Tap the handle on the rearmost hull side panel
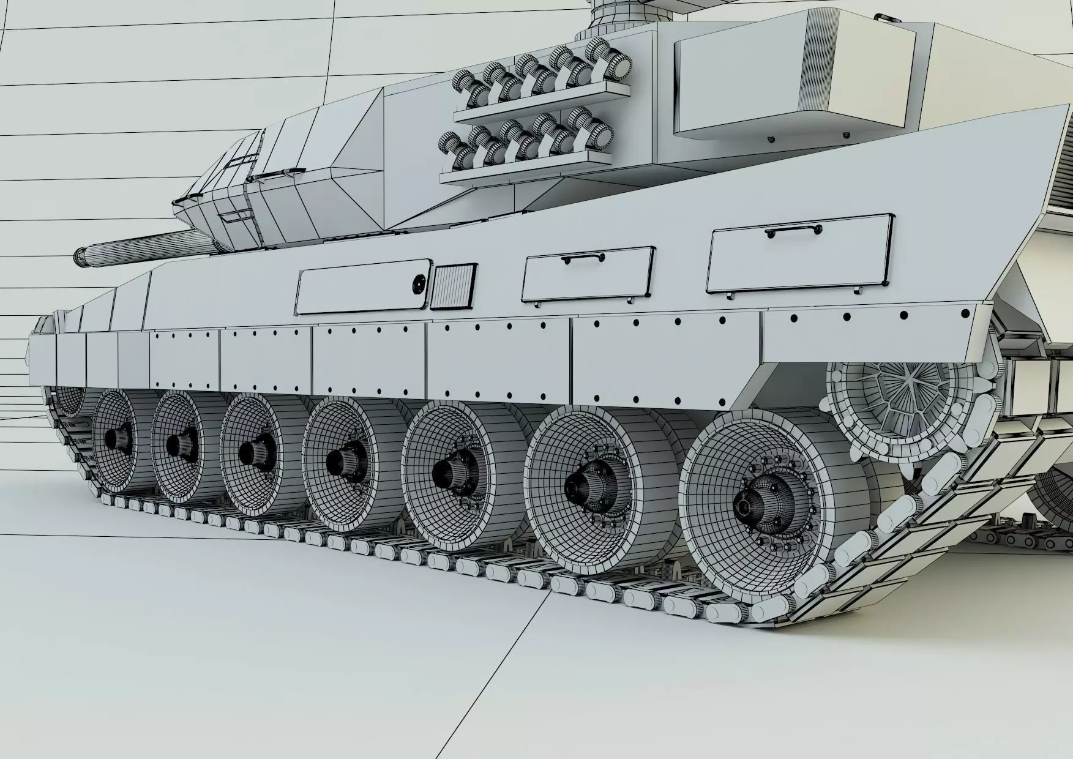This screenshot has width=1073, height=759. [x=793, y=231]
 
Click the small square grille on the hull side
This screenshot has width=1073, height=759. [x=453, y=285]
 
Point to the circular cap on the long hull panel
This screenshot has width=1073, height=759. [x=419, y=283]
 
